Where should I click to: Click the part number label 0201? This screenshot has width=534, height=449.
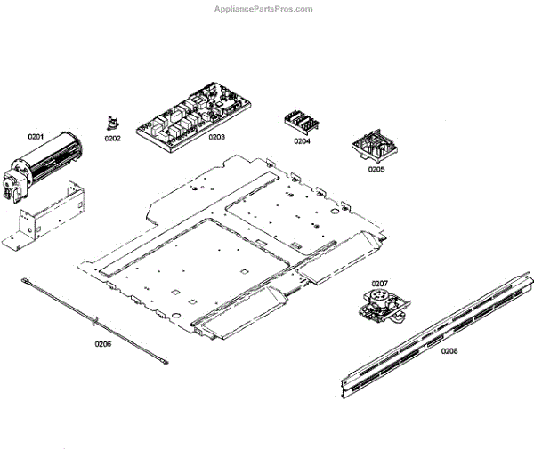(x=36, y=136)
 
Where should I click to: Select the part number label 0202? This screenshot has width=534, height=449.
(x=112, y=139)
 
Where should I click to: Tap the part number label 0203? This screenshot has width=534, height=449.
(x=216, y=138)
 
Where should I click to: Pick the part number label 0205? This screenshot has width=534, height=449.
(x=376, y=170)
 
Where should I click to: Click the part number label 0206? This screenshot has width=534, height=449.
(x=103, y=344)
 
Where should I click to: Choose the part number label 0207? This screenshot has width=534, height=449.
(x=380, y=283)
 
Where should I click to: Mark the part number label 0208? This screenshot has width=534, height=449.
(x=450, y=351)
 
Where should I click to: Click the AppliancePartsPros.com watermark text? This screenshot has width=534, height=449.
(x=264, y=9)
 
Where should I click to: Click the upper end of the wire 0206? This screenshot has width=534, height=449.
(x=28, y=282)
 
